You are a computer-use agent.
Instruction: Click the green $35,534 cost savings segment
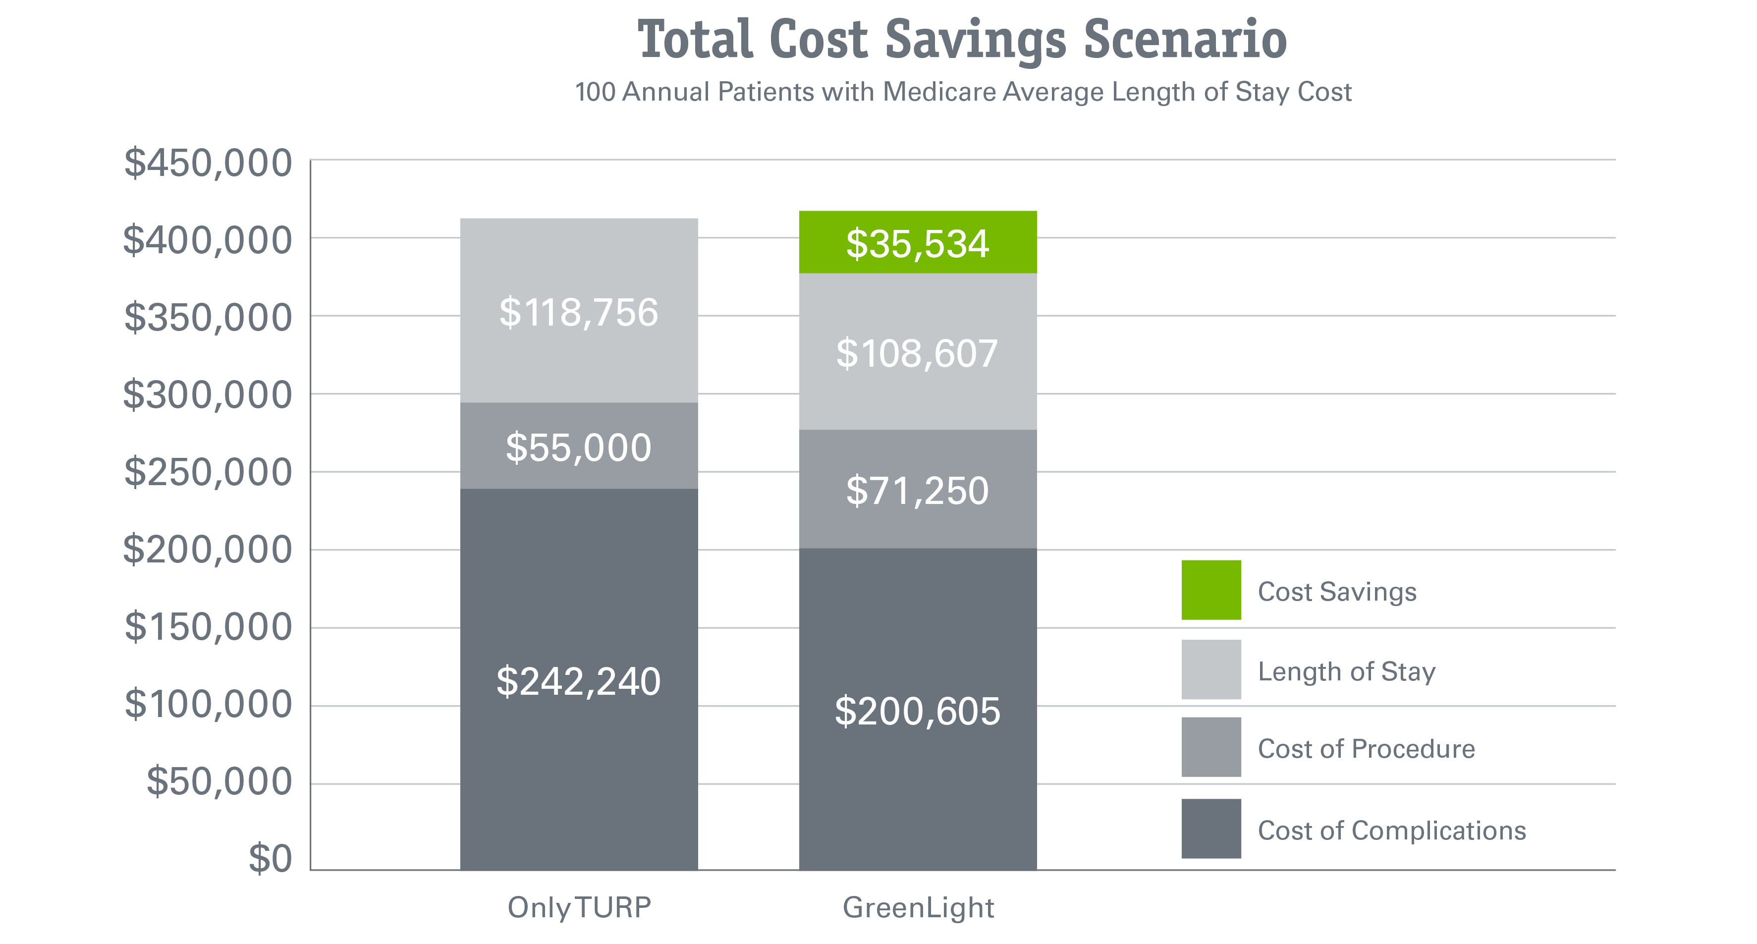(917, 243)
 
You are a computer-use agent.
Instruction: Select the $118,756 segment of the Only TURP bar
(578, 311)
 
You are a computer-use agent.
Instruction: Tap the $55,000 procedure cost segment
(578, 446)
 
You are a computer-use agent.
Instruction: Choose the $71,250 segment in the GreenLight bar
(917, 489)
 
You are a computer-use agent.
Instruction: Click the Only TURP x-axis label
(579, 907)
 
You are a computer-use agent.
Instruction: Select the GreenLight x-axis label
(918, 907)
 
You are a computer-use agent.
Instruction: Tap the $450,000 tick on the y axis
(208, 164)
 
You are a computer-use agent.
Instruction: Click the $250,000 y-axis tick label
(208, 471)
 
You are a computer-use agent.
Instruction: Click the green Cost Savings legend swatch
(1210, 590)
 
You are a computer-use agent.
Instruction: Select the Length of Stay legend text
(1346, 671)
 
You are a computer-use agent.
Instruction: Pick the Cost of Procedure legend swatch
(1210, 747)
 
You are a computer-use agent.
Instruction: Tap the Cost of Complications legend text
(1391, 830)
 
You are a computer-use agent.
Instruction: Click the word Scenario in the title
(1185, 40)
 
